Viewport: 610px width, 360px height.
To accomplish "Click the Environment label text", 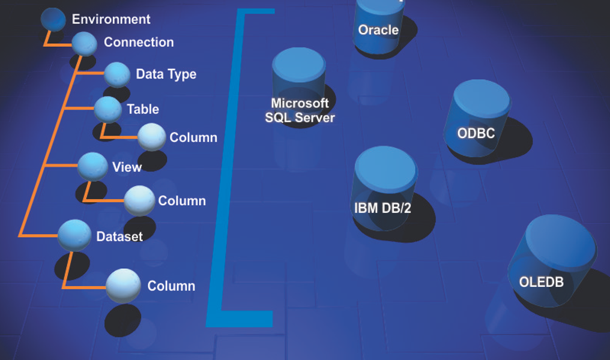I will point(111,19).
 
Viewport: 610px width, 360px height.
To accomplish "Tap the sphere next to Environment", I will point(53,19).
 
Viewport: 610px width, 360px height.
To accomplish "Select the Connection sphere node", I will point(84,44).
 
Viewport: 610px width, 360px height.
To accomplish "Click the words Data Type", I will point(166,74).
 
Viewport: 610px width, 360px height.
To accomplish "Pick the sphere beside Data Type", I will point(117,74).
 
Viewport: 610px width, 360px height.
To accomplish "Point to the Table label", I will point(143,109).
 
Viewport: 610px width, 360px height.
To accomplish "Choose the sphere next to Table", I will point(108,109).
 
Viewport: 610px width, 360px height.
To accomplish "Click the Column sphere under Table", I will point(152,137).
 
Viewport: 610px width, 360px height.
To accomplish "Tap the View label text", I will point(127,167).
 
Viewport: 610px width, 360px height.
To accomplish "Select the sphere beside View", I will point(92,166).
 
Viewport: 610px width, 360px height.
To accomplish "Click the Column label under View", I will point(182,201).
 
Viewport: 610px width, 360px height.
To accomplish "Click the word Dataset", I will point(119,236).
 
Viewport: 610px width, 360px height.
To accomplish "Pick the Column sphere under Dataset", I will point(124,284).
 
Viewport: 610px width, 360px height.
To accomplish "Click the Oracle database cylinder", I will point(378,24).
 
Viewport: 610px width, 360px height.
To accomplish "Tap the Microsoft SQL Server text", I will point(300,110).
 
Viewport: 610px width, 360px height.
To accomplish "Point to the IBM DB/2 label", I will point(382,208).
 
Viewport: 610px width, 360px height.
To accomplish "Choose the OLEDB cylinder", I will point(551,264).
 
